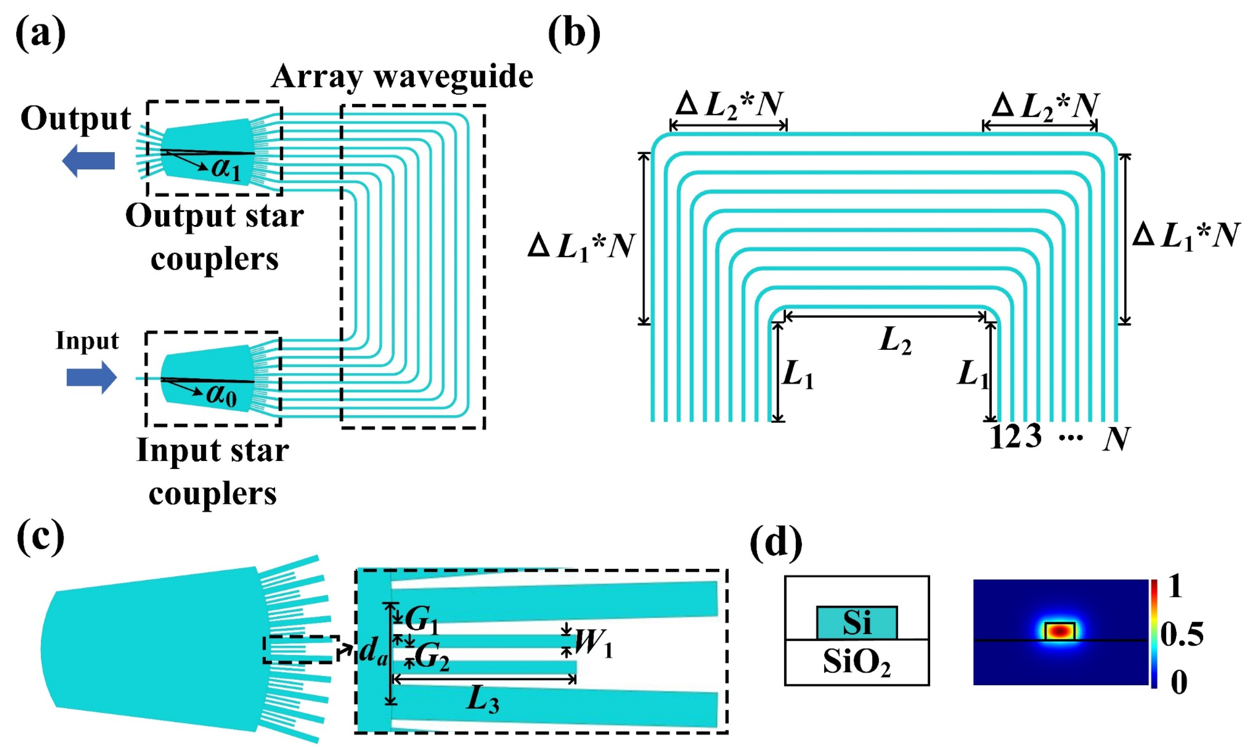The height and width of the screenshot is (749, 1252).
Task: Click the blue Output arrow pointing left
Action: [88, 161]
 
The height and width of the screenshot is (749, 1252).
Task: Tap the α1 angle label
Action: [226, 169]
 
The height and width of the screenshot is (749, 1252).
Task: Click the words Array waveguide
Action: [402, 77]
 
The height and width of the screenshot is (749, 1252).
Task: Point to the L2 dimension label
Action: [895, 342]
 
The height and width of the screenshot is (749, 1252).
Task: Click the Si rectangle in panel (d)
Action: [856, 622]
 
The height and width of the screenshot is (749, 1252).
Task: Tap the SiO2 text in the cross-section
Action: [856, 662]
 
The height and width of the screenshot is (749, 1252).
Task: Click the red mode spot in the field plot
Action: [1060, 631]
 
